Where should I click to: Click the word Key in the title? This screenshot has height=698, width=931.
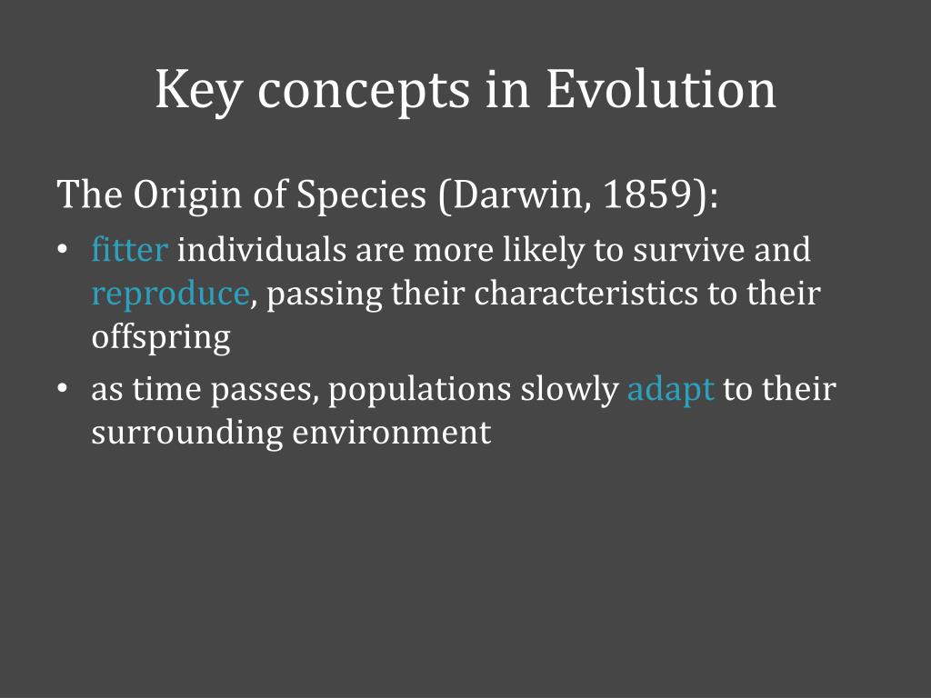point(198,91)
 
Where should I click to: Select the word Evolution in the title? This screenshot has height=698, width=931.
point(661,89)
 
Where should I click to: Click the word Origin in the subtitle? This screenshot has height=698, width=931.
point(188,195)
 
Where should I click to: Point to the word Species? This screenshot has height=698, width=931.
point(362,195)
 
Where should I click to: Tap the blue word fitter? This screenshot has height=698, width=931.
point(129,249)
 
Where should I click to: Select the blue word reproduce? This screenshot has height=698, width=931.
point(170,294)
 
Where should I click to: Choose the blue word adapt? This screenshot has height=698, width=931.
point(670,391)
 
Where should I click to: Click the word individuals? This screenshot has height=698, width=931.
point(261,249)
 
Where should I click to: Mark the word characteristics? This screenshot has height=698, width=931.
point(586,294)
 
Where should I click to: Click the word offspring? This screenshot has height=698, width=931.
point(161,338)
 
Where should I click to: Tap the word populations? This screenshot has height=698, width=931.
point(420,391)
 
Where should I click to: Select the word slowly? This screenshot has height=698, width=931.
point(570,391)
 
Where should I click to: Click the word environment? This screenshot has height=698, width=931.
point(391,433)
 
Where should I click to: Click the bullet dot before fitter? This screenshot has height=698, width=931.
point(62,250)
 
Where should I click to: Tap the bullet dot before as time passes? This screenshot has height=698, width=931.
point(62,389)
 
